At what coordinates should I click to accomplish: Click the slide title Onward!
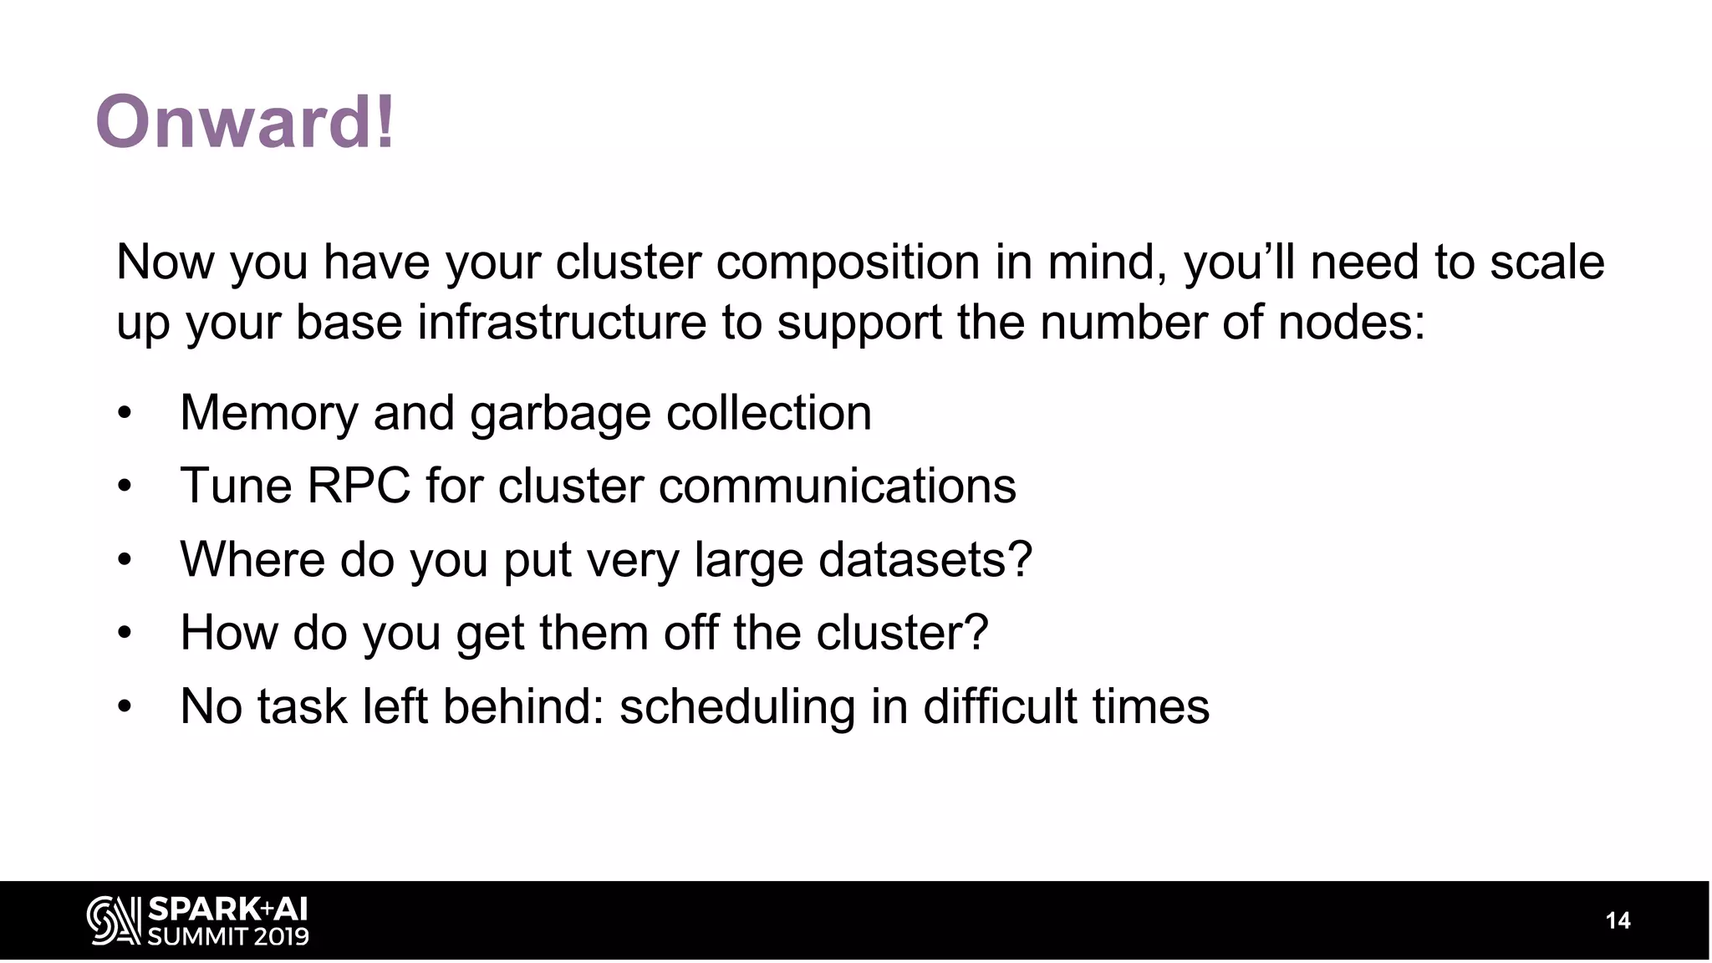pos(244,122)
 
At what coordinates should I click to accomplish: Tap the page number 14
pos(1618,921)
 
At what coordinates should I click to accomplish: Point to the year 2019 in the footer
pos(281,936)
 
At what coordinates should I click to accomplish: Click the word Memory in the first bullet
pos(268,413)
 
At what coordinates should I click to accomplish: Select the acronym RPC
pos(359,486)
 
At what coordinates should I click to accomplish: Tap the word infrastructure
pos(562,323)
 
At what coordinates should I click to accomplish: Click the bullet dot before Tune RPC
pos(125,486)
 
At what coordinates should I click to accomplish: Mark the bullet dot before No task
pos(125,706)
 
